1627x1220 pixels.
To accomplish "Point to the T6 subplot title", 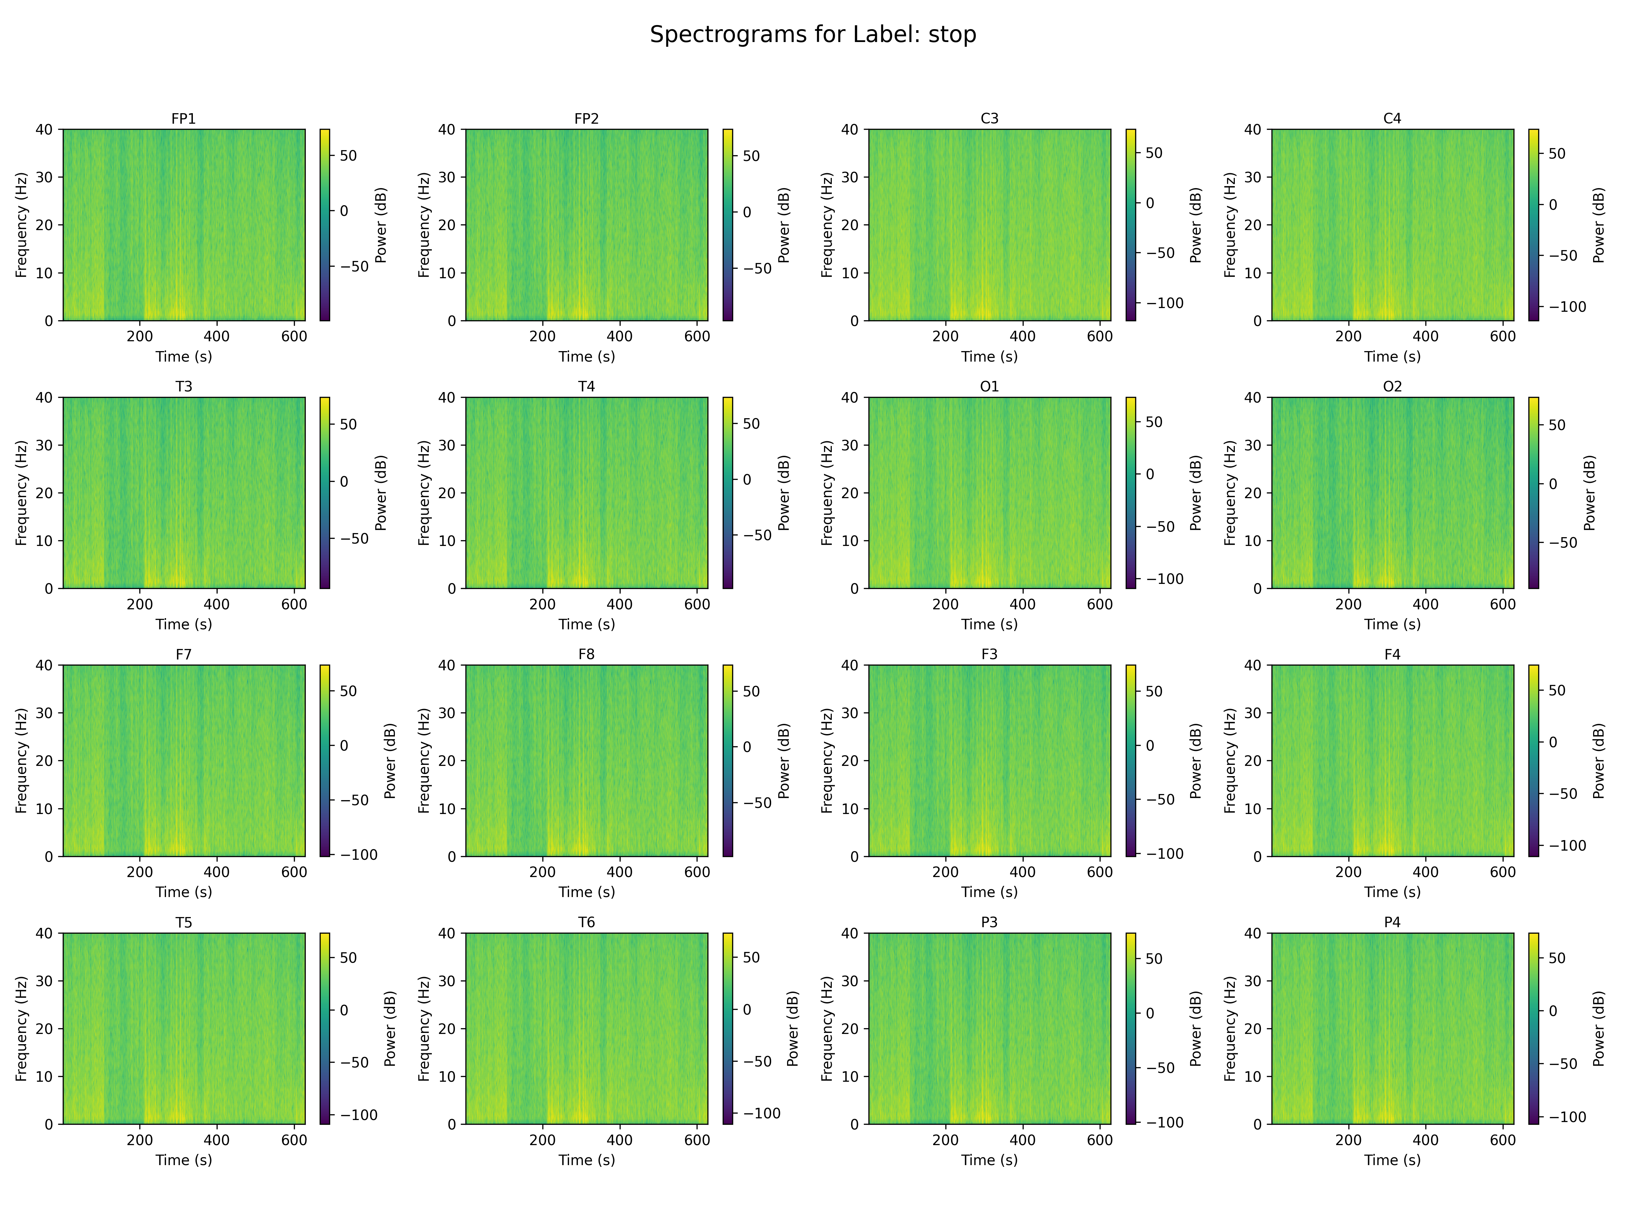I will click(586, 922).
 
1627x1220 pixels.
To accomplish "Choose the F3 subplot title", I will click(989, 654).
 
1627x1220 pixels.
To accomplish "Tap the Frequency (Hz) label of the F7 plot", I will click(21, 760).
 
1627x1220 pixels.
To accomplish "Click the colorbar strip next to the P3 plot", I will click(1130, 1028).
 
